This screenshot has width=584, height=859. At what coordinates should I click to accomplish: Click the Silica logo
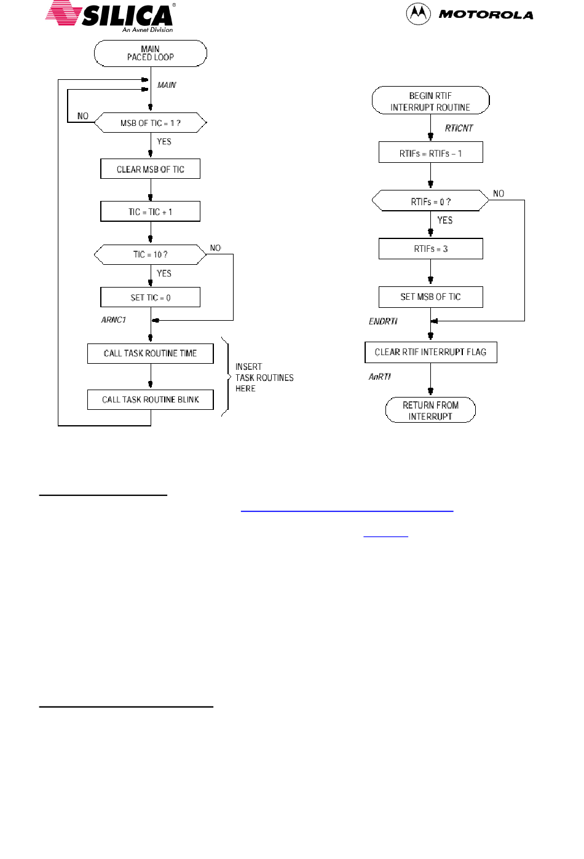(111, 17)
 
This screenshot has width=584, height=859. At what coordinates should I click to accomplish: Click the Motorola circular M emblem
(418, 14)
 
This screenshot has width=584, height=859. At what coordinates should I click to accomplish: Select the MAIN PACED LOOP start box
(151, 53)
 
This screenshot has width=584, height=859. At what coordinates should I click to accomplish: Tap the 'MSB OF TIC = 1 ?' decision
(151, 123)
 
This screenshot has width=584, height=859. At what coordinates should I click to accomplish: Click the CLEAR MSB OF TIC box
(151, 169)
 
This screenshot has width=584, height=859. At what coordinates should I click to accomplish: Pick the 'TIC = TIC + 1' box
(151, 211)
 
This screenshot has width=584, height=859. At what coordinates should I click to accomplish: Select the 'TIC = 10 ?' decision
(151, 254)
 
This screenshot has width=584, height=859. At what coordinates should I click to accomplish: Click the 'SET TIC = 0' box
(151, 297)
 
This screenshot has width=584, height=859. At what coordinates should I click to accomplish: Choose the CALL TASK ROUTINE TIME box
(151, 353)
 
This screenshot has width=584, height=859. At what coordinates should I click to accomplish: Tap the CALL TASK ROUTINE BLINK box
(151, 399)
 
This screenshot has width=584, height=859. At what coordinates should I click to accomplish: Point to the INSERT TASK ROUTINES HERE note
(264, 377)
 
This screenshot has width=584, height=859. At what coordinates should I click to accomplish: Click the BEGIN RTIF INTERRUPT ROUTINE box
(430, 101)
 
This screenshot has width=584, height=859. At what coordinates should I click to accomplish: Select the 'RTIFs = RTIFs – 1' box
(430, 152)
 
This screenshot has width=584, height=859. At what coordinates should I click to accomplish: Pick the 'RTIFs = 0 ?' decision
(430, 200)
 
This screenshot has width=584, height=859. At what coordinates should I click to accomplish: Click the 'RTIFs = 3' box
(430, 248)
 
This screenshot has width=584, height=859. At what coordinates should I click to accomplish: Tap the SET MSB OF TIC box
(430, 297)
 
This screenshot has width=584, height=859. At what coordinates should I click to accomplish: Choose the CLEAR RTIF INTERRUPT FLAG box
(430, 352)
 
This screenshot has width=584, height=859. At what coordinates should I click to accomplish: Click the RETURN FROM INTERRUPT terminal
(430, 410)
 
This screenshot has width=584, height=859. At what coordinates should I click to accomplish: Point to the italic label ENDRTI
(383, 321)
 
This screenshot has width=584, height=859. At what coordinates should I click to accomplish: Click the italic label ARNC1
(114, 320)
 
